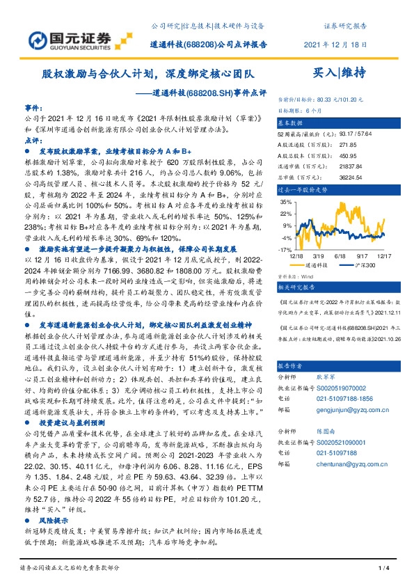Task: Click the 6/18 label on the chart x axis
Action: (x=341, y=257)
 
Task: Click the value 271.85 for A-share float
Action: (x=348, y=145)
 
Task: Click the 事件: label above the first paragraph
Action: (x=33, y=109)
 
